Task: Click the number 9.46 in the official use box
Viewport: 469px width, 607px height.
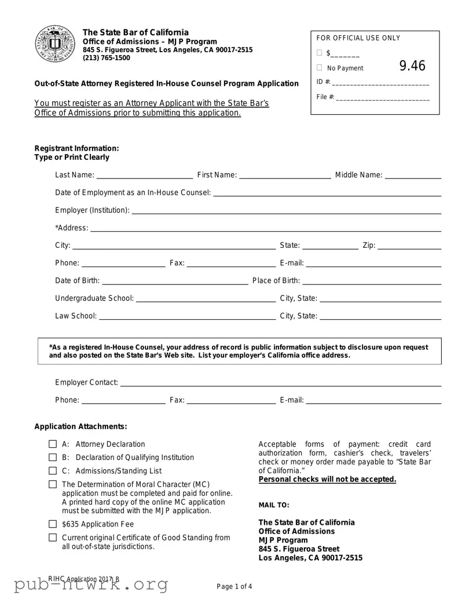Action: point(412,66)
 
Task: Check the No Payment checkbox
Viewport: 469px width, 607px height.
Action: point(320,68)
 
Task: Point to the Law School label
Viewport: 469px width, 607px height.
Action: point(75,316)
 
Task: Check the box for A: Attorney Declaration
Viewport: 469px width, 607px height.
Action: point(53,444)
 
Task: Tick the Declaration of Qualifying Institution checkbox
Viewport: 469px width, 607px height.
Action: point(53,458)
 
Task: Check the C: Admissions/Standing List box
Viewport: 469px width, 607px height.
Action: point(53,471)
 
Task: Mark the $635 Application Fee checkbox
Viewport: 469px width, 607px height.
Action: point(53,524)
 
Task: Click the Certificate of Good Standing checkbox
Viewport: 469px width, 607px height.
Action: point(53,537)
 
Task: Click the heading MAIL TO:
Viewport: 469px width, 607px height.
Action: point(270,505)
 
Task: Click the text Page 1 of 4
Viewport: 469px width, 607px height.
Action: point(235,587)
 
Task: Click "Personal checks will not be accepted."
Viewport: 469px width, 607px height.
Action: point(327,480)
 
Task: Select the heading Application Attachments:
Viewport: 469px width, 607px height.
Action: point(80,427)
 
